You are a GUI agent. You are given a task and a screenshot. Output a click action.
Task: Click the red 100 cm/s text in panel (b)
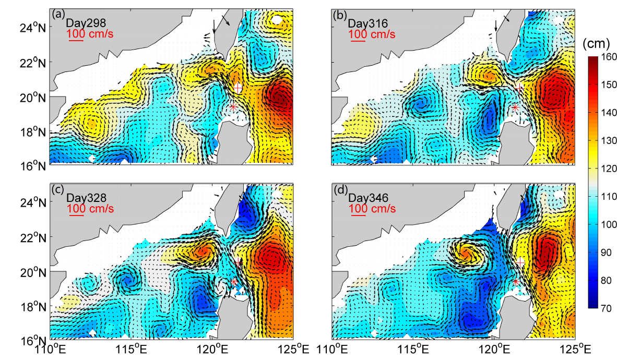(372, 34)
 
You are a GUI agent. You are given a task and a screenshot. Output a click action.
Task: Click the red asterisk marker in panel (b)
(515, 107)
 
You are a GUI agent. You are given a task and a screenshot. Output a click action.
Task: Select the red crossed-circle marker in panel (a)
(238, 88)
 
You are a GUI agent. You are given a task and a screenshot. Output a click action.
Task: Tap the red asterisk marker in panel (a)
(233, 106)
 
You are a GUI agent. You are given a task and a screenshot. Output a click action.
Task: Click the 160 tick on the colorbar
(605, 56)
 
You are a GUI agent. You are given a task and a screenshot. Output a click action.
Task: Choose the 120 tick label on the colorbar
(605, 167)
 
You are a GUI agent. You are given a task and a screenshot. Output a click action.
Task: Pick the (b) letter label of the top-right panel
(340, 14)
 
